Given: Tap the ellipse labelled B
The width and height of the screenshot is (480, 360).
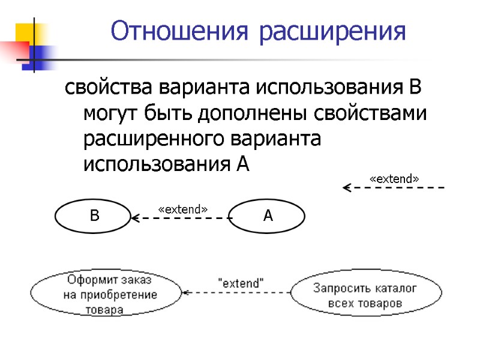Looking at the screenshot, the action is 93,216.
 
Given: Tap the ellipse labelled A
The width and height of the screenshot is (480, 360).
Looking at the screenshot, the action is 268,216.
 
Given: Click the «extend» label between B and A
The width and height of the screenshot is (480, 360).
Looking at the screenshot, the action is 182,209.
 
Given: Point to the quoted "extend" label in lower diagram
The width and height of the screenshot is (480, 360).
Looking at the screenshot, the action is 241,283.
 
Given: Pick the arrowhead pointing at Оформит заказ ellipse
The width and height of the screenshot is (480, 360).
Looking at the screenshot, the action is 186,293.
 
